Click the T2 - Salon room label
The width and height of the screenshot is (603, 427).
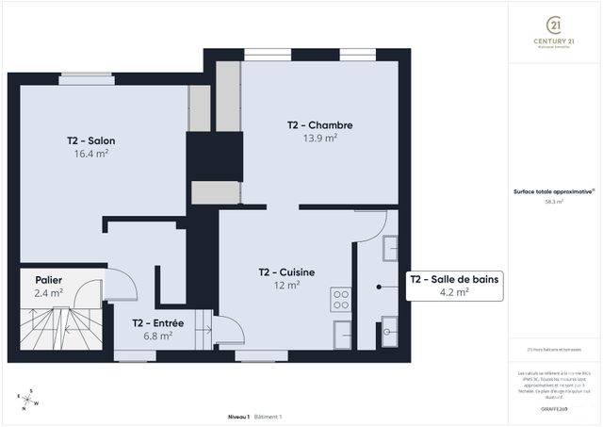pyautogui.click(x=90, y=140)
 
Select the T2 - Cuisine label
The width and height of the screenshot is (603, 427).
pyautogui.click(x=286, y=272)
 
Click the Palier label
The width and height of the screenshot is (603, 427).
pyautogui.click(x=49, y=280)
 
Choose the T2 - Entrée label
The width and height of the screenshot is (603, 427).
pyautogui.click(x=157, y=322)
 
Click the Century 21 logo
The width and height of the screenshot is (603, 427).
pyautogui.click(x=555, y=32)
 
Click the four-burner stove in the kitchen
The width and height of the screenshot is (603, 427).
pyautogui.click(x=340, y=299)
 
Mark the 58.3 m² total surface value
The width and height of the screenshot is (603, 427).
pyautogui.click(x=553, y=202)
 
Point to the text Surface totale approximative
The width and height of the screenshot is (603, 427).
pyautogui.click(x=553, y=190)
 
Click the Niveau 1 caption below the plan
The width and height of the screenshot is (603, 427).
pyautogui.click(x=238, y=416)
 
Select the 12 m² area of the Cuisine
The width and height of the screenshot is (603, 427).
pyautogui.click(x=286, y=285)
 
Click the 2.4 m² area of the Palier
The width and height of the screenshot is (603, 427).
pyautogui.click(x=49, y=293)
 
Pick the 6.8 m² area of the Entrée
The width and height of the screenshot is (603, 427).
pyautogui.click(x=157, y=336)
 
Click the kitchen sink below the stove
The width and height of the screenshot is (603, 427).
pyautogui.click(x=342, y=333)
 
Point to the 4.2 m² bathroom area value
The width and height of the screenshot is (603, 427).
pyautogui.click(x=454, y=292)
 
